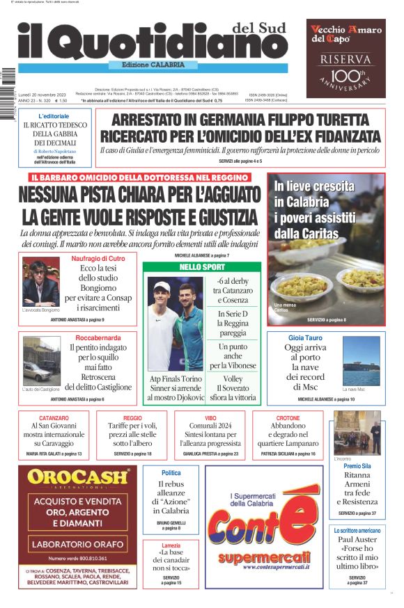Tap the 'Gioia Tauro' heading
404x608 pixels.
tap(306, 337)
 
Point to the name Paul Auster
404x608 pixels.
tap(357, 539)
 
